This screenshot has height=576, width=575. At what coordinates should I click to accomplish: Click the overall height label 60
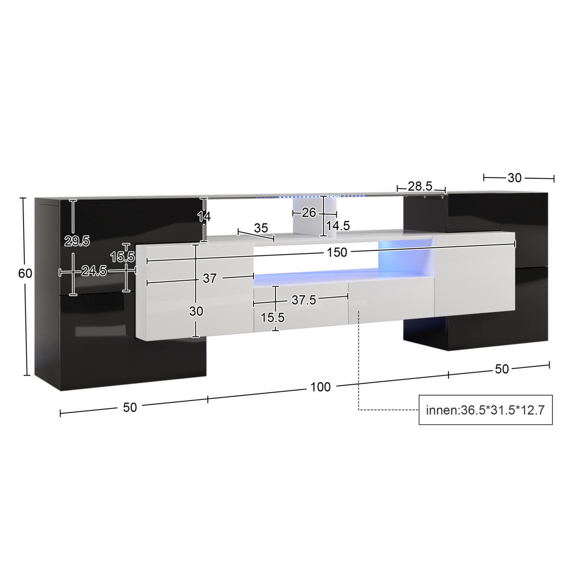click(25, 273)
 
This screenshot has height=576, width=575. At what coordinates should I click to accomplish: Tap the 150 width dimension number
click(337, 253)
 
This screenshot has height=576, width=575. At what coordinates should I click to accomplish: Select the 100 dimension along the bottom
click(321, 387)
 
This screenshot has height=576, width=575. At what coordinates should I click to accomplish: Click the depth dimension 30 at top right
click(515, 178)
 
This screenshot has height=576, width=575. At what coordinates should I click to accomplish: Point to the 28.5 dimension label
click(420, 186)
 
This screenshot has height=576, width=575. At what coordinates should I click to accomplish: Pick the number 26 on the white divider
click(309, 212)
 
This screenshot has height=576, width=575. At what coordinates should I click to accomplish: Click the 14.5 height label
click(338, 226)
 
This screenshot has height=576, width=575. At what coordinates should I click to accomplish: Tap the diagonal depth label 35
click(261, 228)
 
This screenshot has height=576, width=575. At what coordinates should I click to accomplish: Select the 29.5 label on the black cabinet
click(77, 241)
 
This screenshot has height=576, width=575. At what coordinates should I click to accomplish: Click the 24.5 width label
click(94, 271)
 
